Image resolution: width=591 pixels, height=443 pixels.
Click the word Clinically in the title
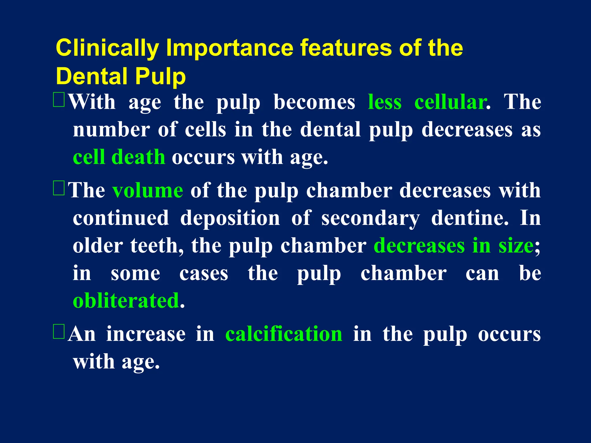(107, 48)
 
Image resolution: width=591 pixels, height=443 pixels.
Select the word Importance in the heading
(230, 48)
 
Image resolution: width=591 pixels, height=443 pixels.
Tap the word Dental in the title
(92, 76)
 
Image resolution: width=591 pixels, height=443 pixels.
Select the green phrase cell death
(119, 157)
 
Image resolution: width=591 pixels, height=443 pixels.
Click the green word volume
(148, 190)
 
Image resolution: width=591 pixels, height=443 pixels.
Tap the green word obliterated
(126, 301)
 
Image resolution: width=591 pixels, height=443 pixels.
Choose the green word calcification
(284, 334)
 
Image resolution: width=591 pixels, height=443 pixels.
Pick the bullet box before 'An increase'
(59, 331)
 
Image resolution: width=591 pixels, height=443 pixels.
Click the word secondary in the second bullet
(371, 218)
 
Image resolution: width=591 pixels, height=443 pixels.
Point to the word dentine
(470, 218)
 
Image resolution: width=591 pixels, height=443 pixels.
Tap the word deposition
(230, 218)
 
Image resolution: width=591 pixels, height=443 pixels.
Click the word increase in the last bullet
(146, 334)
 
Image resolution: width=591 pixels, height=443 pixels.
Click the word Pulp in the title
(160, 76)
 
